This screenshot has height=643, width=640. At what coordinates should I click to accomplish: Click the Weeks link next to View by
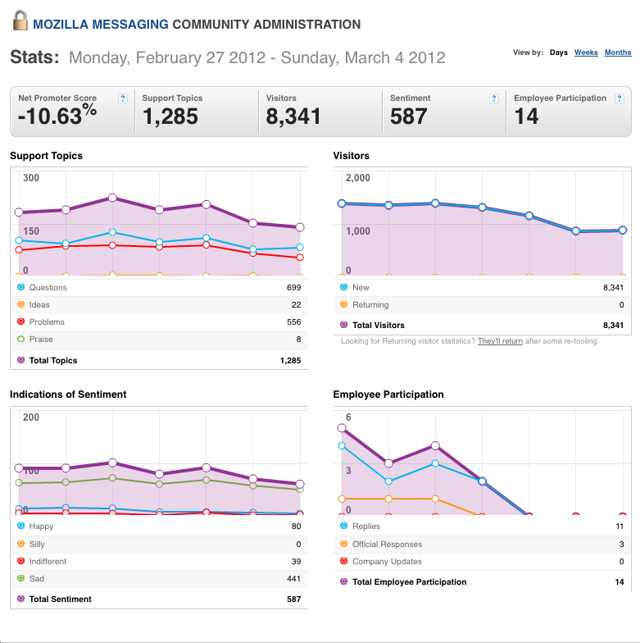[586, 52]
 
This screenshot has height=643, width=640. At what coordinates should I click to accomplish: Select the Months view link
[618, 52]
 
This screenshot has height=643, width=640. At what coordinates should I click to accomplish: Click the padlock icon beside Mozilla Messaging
[20, 21]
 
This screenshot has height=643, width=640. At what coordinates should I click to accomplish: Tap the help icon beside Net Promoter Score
[123, 98]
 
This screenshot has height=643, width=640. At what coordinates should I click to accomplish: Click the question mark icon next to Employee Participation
[620, 98]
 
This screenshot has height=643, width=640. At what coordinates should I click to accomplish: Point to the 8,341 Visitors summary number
[293, 116]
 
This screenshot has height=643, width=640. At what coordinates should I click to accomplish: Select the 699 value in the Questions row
[293, 287]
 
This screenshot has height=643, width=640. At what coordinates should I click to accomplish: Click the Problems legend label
[47, 321]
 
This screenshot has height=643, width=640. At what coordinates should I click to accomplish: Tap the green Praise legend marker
[21, 340]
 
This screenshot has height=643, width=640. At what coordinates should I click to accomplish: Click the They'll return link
[500, 341]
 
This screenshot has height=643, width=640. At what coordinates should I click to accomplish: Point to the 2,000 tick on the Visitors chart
[357, 178]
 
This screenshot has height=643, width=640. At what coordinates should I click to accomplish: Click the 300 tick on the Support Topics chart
[31, 178]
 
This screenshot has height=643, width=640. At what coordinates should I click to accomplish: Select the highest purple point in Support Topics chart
[112, 198]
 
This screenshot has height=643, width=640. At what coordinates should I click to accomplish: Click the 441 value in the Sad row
[293, 579]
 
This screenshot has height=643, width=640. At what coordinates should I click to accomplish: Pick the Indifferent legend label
[48, 561]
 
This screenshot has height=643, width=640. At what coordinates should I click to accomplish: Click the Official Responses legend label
[387, 545]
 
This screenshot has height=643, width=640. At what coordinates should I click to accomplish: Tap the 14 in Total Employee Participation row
[620, 582]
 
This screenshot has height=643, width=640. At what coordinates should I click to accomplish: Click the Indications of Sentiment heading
[68, 394]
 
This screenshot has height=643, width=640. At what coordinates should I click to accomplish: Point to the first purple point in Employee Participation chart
[342, 428]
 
